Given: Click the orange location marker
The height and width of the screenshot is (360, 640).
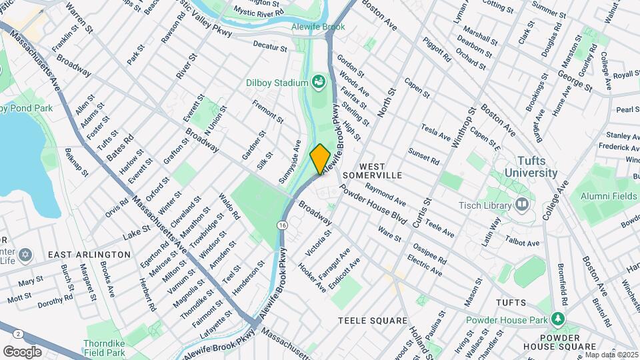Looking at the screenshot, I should click(320, 159).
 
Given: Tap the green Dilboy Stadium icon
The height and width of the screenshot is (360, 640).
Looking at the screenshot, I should click(318, 82).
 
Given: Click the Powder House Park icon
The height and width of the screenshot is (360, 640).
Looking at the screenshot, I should click(557, 319).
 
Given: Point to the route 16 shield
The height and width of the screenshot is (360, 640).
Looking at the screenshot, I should click(284, 227).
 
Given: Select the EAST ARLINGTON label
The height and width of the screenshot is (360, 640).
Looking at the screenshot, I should click(89, 255).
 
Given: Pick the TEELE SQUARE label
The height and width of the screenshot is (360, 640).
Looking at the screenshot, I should click(373, 321).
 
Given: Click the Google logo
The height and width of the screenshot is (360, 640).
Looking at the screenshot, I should click(22, 351).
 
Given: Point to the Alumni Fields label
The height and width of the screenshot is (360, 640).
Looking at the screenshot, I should click(608, 196).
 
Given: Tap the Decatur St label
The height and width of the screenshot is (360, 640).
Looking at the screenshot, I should click(270, 47).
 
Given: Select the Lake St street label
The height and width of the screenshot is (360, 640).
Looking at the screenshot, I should click(137, 233).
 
